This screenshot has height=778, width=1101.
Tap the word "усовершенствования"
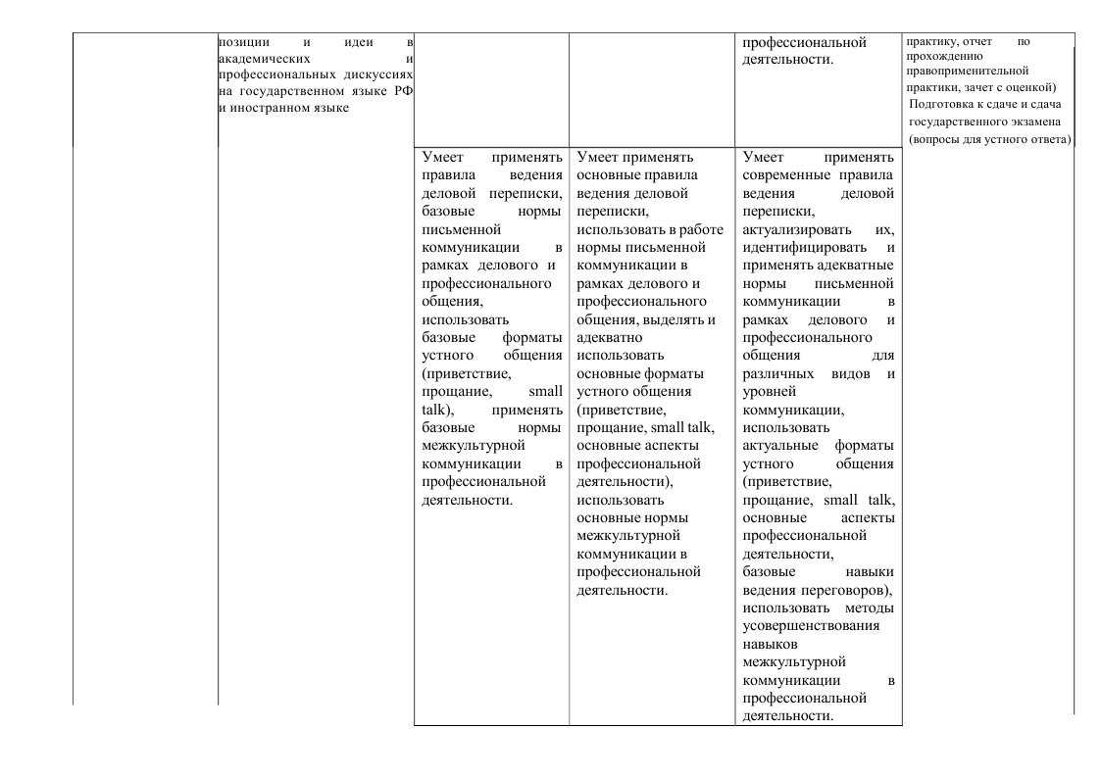pyautogui.click(x=812, y=626)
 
